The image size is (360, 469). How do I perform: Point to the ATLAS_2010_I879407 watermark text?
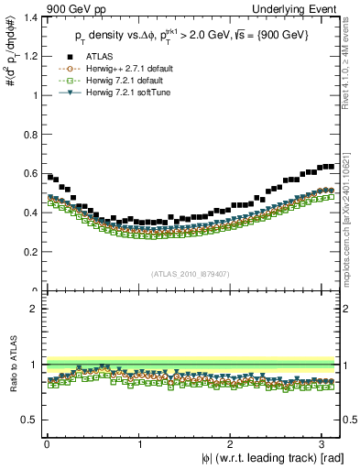pyautogui.click(x=191, y=275)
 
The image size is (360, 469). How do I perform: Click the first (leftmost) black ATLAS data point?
pyautogui.click(x=49, y=177)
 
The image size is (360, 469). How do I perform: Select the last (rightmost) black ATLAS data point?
pyautogui.click(x=332, y=167)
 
